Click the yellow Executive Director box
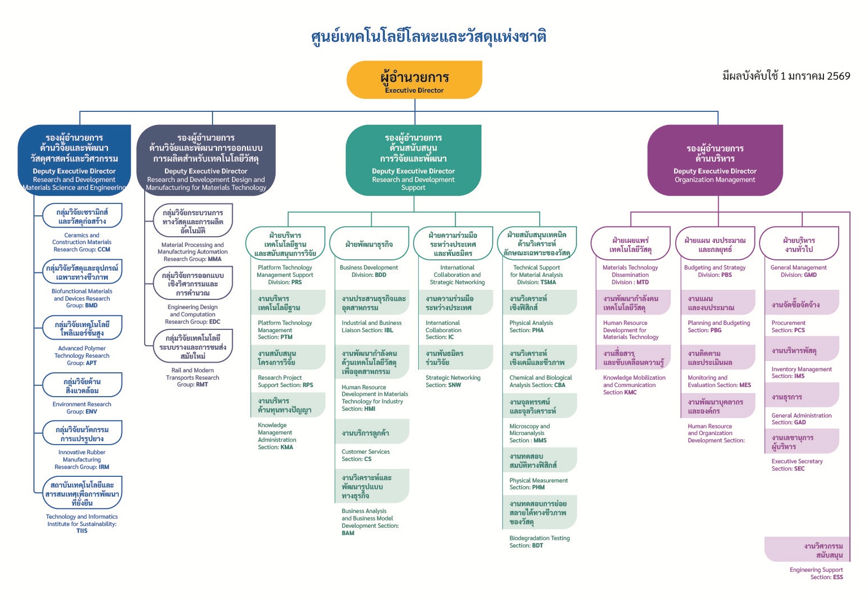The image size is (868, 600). (x=414, y=80)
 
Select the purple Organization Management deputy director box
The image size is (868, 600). (x=715, y=160)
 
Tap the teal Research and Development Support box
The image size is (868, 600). (x=413, y=160)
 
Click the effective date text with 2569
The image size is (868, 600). (x=786, y=76)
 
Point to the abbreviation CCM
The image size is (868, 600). (x=104, y=250)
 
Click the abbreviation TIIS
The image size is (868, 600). (x=82, y=531)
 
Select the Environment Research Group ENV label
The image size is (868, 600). (x=82, y=408)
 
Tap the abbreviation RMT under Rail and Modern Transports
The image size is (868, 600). (x=202, y=385)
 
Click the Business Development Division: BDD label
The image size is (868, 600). (x=368, y=271)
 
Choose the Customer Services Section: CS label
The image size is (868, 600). (x=366, y=455)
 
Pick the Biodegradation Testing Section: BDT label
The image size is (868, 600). (x=539, y=542)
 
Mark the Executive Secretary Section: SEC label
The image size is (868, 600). (x=797, y=465)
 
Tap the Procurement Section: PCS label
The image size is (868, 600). (x=788, y=327)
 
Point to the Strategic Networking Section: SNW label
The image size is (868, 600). (x=453, y=381)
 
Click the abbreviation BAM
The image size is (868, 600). (x=348, y=533)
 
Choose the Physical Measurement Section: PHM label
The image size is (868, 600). (x=539, y=484)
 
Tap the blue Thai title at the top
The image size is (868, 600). (x=428, y=37)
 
